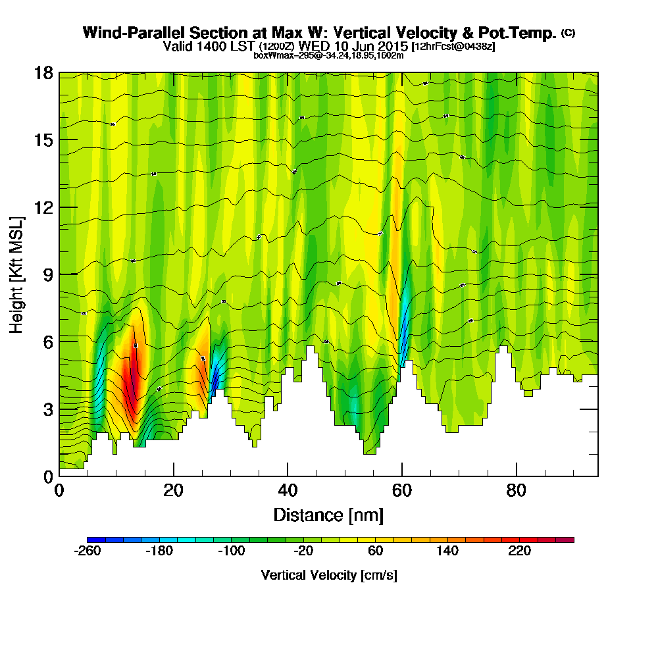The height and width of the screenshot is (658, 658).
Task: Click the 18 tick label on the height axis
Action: pyautogui.click(x=44, y=73)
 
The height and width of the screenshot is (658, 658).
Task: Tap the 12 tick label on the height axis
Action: pyautogui.click(x=44, y=207)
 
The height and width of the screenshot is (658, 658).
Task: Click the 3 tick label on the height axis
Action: pyautogui.click(x=48, y=409)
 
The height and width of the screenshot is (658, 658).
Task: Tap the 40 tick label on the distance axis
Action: pyautogui.click(x=288, y=491)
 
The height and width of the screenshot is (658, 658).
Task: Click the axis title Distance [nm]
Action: pyautogui.click(x=328, y=515)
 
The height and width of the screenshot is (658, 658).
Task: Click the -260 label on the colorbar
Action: pyautogui.click(x=88, y=551)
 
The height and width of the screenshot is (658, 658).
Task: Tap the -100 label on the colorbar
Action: pyautogui.click(x=230, y=551)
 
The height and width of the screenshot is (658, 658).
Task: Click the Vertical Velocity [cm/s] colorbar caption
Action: pyautogui.click(x=329, y=575)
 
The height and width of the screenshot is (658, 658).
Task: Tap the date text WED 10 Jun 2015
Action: pyautogui.click(x=353, y=47)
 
